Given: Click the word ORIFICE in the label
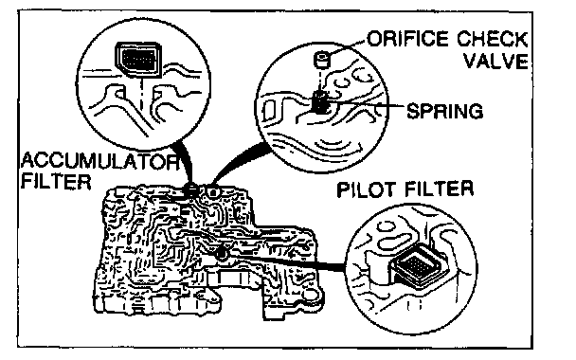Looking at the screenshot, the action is click(x=408, y=39).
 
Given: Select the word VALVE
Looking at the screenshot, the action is click(x=495, y=61).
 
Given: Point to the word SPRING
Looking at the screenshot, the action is click(x=445, y=111).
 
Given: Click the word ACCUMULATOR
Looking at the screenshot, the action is click(x=99, y=161).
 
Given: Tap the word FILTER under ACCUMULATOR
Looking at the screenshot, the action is click(x=56, y=181).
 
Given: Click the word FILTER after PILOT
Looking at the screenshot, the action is click(x=439, y=189).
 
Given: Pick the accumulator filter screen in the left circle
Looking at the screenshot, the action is click(x=139, y=60).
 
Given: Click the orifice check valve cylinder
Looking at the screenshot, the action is click(x=322, y=60).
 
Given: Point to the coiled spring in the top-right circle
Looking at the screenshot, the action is click(x=319, y=101).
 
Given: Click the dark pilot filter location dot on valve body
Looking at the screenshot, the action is click(x=221, y=253).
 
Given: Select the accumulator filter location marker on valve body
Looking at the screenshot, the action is click(x=191, y=189).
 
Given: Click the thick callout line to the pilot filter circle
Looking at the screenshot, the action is click(x=286, y=261).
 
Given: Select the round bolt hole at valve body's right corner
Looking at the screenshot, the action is click(x=311, y=295).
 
